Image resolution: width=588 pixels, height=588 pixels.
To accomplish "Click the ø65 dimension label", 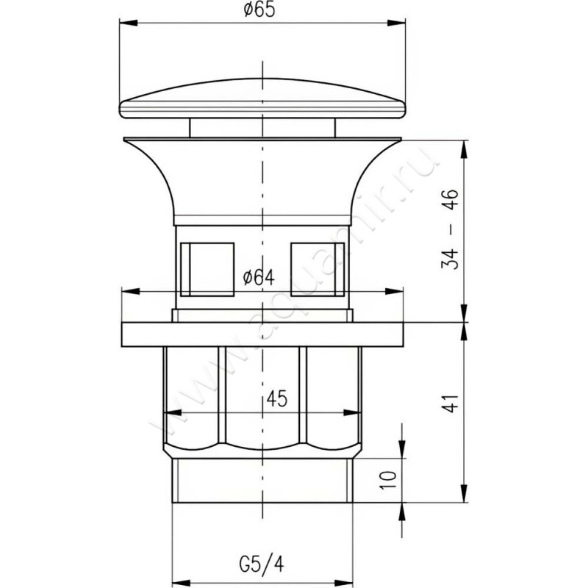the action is (259, 10).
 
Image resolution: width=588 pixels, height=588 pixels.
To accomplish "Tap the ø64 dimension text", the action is (259, 277).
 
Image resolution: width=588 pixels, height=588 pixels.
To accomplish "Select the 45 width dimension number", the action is (277, 398).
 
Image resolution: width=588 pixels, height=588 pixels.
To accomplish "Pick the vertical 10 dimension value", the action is (388, 480).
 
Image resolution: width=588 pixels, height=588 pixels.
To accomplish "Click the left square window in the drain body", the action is (207, 269).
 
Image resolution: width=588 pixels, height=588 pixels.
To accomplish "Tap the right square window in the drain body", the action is (318, 269).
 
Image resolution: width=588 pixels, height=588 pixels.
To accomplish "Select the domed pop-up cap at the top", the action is (262, 98).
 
